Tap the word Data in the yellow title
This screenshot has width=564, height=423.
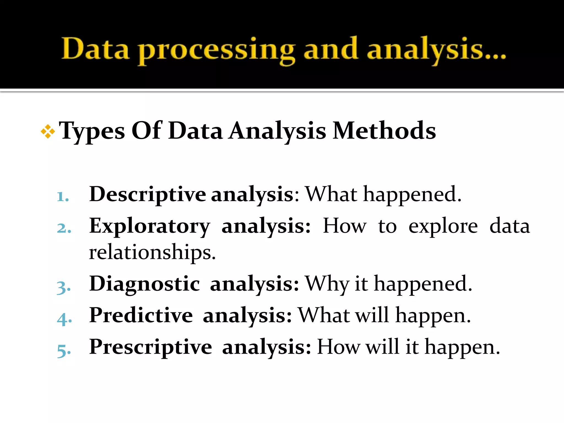(x=95, y=49)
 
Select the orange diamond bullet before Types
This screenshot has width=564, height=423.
(x=48, y=131)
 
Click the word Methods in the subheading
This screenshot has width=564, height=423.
(x=384, y=131)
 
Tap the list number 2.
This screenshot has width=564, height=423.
(x=64, y=228)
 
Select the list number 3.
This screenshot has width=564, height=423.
(x=64, y=287)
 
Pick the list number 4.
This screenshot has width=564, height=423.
(x=64, y=319)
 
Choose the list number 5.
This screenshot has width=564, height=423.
(x=64, y=351)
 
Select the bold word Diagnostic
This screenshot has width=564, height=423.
(x=145, y=284)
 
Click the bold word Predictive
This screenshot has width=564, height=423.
(x=141, y=315)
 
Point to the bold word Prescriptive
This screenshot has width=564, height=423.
(x=151, y=347)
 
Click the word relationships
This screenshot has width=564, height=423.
(x=152, y=252)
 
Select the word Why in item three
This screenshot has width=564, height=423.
(x=327, y=284)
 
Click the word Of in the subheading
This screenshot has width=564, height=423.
(x=146, y=131)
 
